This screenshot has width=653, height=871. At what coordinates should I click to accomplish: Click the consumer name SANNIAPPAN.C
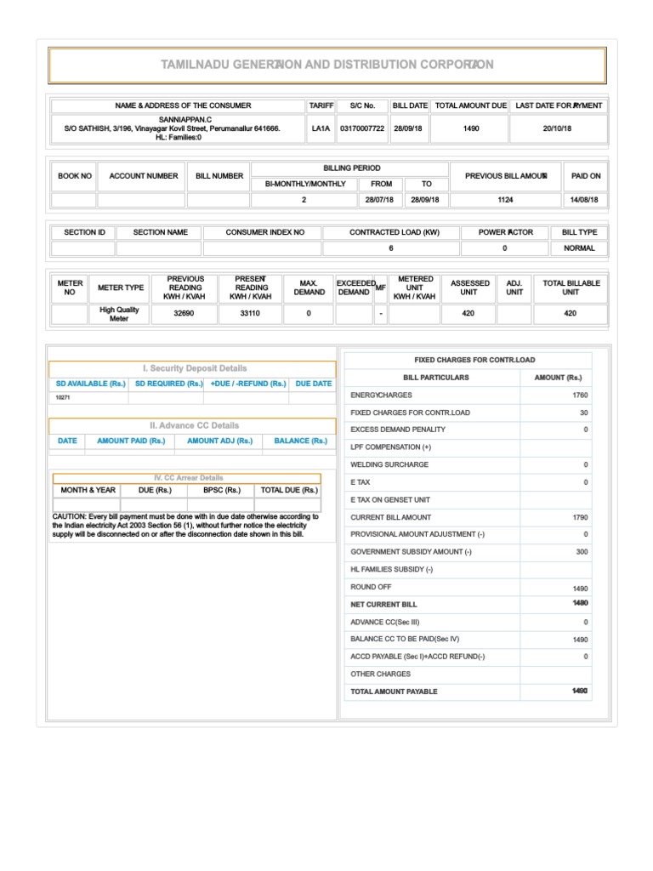click(x=185, y=120)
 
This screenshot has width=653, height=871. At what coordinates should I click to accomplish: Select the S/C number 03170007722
click(x=362, y=128)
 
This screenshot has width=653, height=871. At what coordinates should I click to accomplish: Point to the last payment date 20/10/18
click(x=559, y=128)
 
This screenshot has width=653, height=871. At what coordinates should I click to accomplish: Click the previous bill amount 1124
click(x=505, y=200)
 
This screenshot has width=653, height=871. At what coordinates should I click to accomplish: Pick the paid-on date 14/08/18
click(x=585, y=200)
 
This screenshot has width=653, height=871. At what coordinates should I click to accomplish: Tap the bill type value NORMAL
click(x=580, y=248)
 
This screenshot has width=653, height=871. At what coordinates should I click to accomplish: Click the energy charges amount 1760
click(x=580, y=396)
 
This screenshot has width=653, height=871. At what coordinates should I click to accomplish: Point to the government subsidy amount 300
click(x=582, y=552)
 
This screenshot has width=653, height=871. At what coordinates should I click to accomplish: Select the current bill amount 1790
click(x=580, y=517)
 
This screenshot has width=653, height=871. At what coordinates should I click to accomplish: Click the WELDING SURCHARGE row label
click(x=389, y=465)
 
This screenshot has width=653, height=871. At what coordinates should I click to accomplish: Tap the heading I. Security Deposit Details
click(x=195, y=368)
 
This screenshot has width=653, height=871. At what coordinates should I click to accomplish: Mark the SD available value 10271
click(x=65, y=397)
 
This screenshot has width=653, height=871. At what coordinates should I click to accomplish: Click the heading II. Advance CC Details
click(x=195, y=425)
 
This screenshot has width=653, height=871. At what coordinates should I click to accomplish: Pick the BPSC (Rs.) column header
click(x=221, y=491)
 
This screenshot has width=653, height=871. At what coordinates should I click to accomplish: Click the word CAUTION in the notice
click(x=69, y=516)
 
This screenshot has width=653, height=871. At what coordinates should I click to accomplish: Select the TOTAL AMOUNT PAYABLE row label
click(x=394, y=692)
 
